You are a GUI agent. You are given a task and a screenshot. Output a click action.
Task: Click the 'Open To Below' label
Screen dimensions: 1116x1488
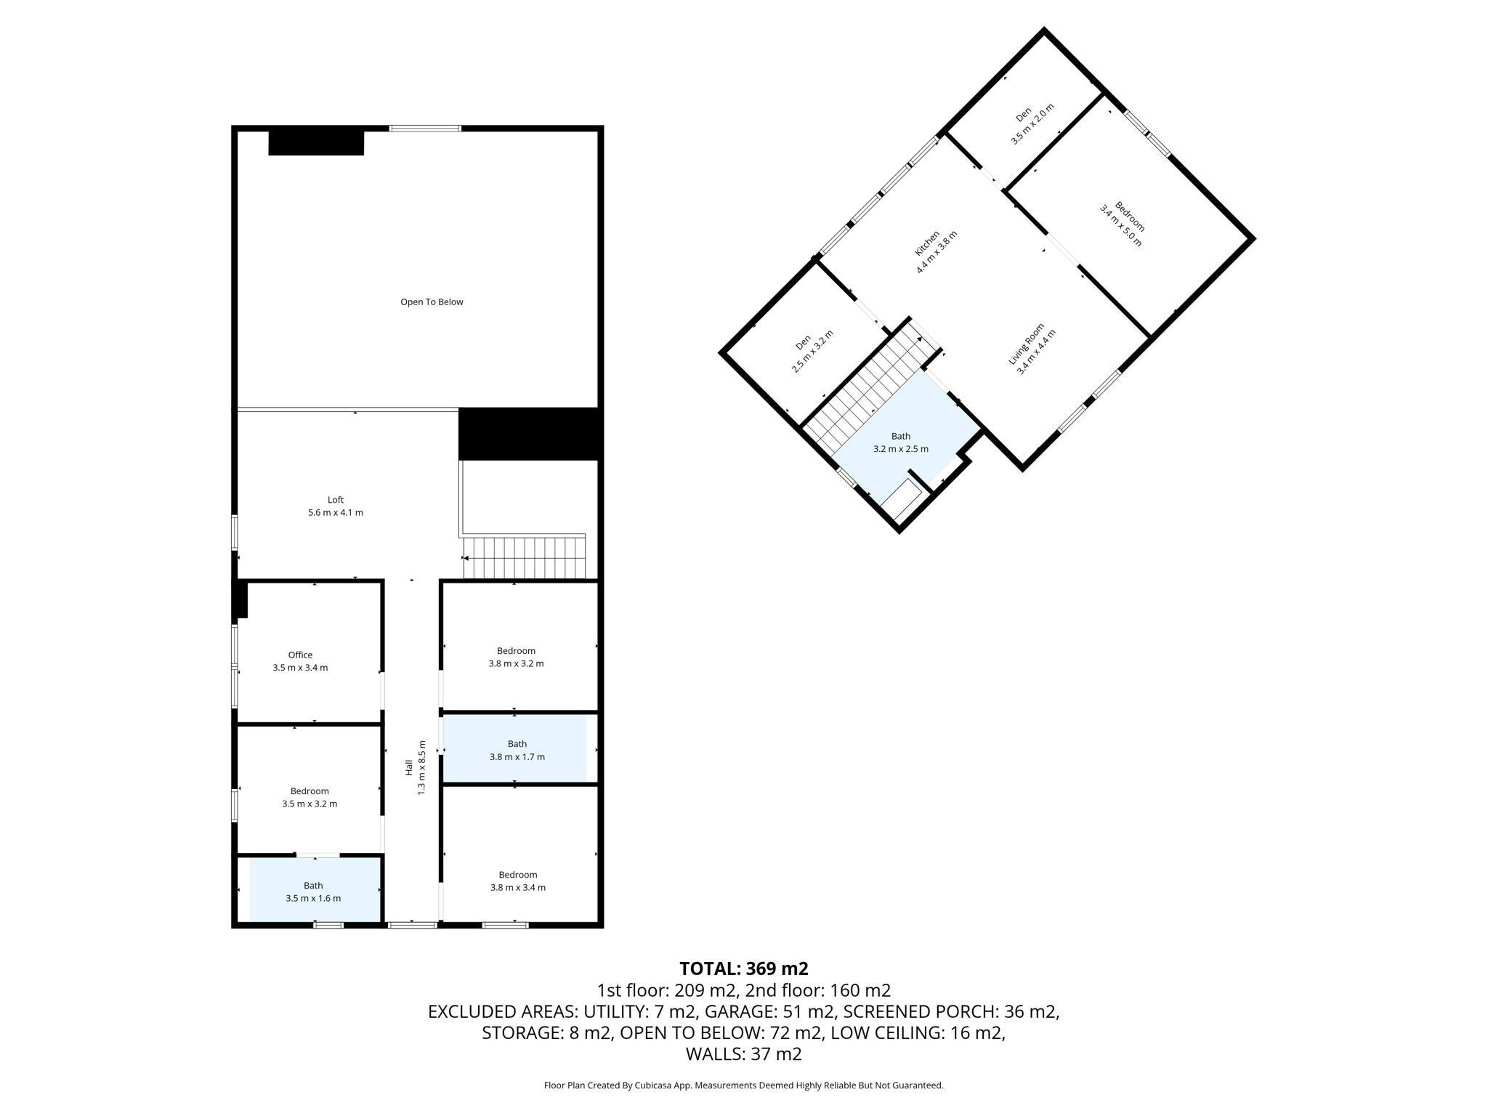click(x=432, y=302)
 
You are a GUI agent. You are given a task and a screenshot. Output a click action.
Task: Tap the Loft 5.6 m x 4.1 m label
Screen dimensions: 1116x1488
click(x=336, y=506)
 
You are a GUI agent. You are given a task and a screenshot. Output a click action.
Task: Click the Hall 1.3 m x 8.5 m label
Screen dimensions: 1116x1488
click(x=415, y=767)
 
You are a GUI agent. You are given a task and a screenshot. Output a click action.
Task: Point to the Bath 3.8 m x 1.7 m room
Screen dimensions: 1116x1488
click(x=517, y=750)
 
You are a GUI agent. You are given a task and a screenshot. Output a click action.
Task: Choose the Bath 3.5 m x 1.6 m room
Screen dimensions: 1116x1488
click(x=313, y=891)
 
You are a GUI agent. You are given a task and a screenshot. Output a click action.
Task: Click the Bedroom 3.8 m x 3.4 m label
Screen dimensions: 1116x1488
click(x=517, y=881)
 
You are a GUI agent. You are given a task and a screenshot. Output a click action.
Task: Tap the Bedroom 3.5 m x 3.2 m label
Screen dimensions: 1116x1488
click(x=310, y=797)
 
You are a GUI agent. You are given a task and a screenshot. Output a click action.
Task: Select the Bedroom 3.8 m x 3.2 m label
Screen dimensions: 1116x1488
click(x=516, y=657)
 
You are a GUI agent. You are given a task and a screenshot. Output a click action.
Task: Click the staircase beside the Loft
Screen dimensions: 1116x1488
click(x=525, y=557)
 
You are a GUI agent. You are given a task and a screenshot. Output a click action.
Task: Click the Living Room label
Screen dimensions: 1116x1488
click(x=1031, y=348)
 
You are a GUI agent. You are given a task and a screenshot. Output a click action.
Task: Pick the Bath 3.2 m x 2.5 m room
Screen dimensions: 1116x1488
click(x=900, y=442)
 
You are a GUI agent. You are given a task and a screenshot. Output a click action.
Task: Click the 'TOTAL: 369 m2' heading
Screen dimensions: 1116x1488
click(x=743, y=969)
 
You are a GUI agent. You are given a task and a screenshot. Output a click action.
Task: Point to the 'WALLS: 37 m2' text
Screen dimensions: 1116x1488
click(x=743, y=1054)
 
